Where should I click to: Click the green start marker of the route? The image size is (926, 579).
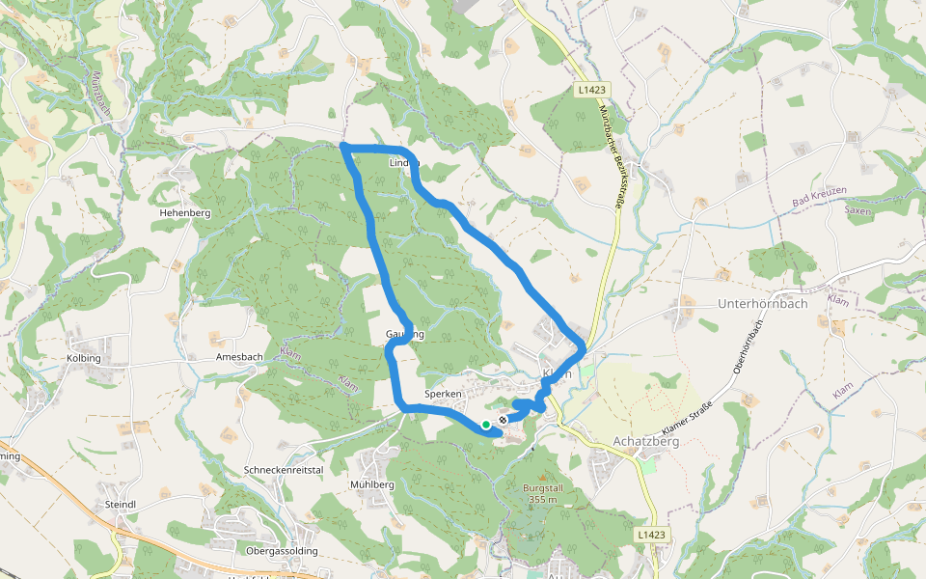click(486, 424)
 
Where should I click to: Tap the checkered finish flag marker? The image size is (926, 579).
click(503, 421)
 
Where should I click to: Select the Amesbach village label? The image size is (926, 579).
click(239, 356)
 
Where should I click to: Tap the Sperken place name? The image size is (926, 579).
click(445, 394)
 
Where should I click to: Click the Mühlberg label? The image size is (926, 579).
click(373, 484)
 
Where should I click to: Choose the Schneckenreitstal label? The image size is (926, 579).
click(283, 468)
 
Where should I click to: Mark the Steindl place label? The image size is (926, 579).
click(121, 505)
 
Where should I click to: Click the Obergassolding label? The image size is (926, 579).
click(283, 551)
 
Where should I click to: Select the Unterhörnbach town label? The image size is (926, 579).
click(763, 303)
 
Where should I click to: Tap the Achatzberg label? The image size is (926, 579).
click(647, 442)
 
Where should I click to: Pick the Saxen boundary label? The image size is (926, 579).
click(858, 209)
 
